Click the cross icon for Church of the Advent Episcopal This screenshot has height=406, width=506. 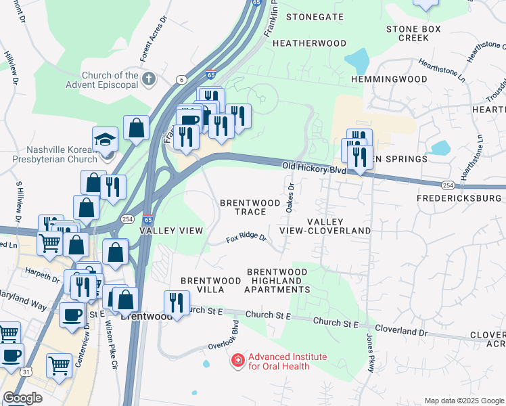(149, 80)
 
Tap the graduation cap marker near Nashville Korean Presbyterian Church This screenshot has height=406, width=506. (105, 140)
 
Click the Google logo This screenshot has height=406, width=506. (22, 398)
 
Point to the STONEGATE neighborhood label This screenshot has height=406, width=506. (313, 16)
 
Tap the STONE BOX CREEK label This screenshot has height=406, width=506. (413, 33)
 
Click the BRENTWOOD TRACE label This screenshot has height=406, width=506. (249, 207)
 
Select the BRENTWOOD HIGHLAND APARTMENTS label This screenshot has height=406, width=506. (278, 280)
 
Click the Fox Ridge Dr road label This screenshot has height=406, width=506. (247, 238)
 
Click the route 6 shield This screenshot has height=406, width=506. (181, 80)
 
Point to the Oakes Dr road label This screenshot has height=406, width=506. (290, 197)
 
